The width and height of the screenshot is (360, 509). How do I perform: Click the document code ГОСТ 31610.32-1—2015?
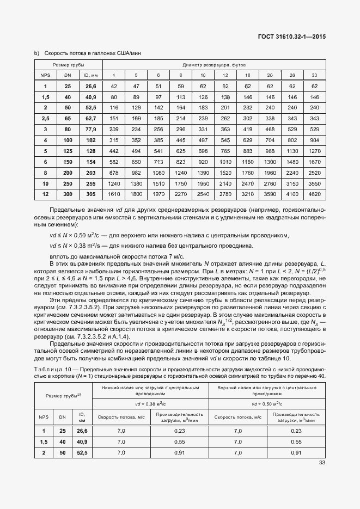pyautogui.click(x=295, y=38)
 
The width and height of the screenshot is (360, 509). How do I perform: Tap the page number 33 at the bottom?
pyautogui.click(x=321, y=463)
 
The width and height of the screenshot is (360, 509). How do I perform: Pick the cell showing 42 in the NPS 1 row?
pyautogui.click(x=114, y=86)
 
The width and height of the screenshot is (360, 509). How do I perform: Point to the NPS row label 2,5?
pyautogui.click(x=45, y=118)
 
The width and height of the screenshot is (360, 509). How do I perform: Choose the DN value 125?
pyautogui.click(x=68, y=150)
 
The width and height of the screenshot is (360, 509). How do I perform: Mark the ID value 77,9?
pyautogui.click(x=90, y=129)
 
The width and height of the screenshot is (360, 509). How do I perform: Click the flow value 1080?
pyautogui.click(x=158, y=171)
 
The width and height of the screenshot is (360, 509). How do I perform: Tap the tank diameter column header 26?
pyautogui.click(x=292, y=75)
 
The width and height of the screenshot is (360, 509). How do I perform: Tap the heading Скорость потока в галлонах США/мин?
pyautogui.click(x=86, y=53)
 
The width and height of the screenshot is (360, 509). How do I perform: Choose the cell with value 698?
pyautogui.click(x=203, y=150)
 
